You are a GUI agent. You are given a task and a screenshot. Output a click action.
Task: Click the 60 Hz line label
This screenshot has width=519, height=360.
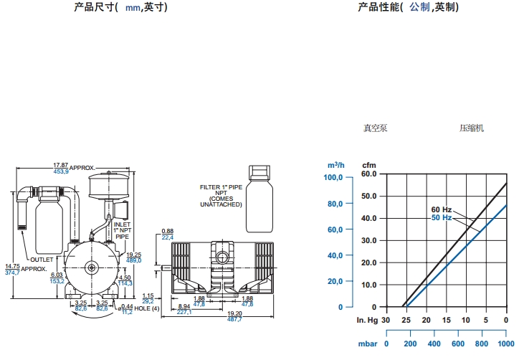coord(441,209)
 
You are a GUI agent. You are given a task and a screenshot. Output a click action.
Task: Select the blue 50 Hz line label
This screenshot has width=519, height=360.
coord(441,217)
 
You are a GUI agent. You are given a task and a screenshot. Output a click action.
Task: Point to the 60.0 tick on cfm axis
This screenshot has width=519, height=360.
coord(369,174)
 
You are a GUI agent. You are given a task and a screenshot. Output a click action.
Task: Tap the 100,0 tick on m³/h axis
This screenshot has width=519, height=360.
coord(334,177)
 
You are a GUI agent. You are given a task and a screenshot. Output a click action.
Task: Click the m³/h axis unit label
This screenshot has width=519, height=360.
coord(336,165)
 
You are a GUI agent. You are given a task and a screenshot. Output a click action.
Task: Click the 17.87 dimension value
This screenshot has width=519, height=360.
coord(60,165)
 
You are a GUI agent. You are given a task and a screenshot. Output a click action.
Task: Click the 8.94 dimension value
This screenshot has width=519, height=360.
coord(184,306)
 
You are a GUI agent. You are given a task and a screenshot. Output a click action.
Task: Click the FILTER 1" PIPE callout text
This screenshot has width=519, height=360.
coord(222,187)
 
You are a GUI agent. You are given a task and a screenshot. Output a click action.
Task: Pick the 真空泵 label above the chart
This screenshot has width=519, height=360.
coord(375,128)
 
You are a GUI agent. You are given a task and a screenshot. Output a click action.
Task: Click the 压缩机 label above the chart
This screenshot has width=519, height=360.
coord(472,128)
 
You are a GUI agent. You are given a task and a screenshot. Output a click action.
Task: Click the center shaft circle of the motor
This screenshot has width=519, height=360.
coord(92,267)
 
